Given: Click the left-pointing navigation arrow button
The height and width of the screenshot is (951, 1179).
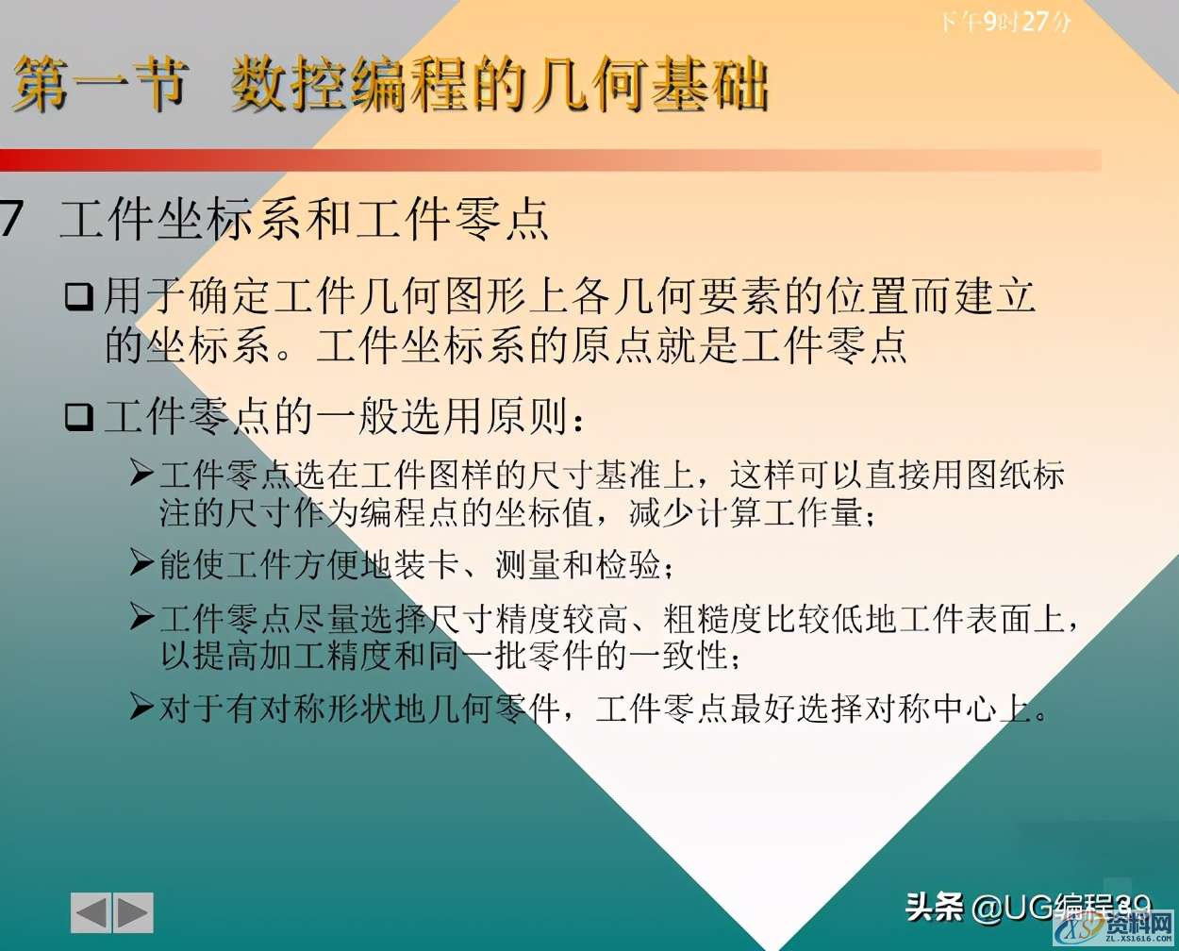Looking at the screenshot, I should click(91, 912).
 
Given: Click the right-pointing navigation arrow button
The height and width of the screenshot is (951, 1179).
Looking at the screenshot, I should click(133, 912).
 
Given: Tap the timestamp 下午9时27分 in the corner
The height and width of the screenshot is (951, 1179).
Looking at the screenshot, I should click(1005, 21).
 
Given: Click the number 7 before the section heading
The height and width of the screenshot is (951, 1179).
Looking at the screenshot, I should click(11, 219).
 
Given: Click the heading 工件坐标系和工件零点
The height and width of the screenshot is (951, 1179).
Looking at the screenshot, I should click(304, 219).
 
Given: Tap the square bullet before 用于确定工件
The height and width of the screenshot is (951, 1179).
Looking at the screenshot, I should click(78, 297).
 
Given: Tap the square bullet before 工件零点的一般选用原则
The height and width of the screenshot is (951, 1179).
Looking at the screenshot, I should click(78, 416).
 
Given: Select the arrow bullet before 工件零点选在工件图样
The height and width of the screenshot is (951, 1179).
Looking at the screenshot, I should click(141, 473).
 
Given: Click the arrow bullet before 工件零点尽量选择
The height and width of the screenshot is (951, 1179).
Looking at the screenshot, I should click(141, 618).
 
